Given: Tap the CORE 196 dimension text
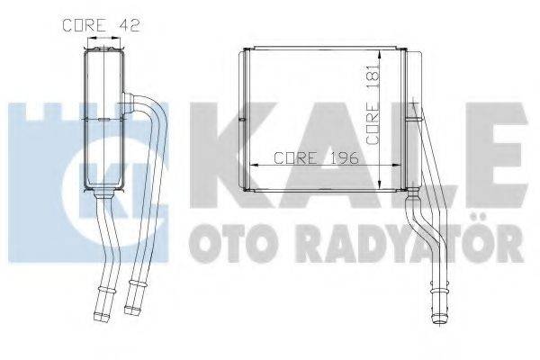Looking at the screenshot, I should coord(316,157).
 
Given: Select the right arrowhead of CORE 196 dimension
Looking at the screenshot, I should coord(381,166).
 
